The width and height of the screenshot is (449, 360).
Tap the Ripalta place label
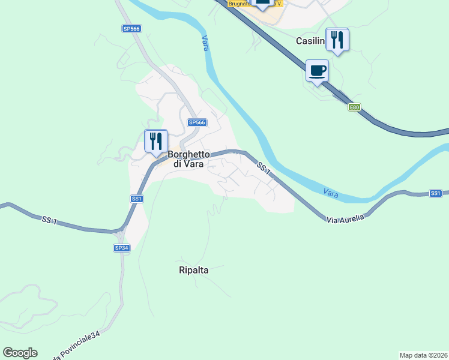[x=193, y=270]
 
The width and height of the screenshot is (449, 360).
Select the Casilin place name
[x=310, y=41]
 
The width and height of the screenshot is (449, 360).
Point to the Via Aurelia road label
[x=346, y=218]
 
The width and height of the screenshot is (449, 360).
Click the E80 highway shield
[x=355, y=107]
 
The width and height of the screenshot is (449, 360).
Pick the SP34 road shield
[x=121, y=248]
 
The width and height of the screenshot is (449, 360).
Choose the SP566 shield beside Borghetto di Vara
[x=197, y=122]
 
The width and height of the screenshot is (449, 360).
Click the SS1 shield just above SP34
[x=137, y=199]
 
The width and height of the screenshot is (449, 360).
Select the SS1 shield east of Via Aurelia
[x=436, y=193]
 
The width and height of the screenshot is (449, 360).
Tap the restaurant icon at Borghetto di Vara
[x=156, y=142]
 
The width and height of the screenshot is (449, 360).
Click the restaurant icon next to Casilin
[x=337, y=40]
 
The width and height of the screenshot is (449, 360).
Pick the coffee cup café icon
[x=317, y=71]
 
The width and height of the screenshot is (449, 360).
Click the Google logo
[x=20, y=353]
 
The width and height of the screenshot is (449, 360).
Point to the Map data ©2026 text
[x=423, y=355]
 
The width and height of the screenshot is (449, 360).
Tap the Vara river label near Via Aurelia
[x=331, y=193]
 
